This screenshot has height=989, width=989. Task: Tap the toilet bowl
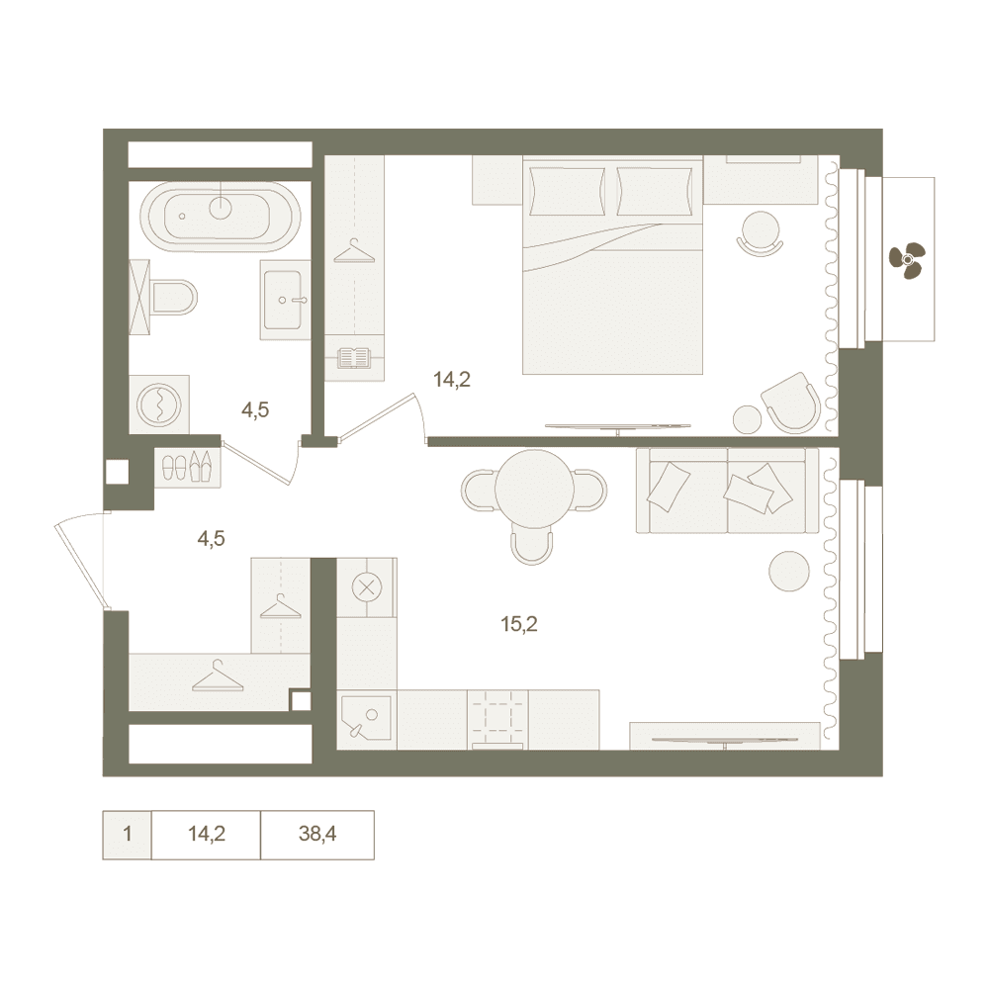(x=174, y=297)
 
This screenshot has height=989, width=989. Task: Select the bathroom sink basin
(x=283, y=300)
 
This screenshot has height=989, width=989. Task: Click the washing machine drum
(x=159, y=404)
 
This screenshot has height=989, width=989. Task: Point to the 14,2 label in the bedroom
(x=452, y=380)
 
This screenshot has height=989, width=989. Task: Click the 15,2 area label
(x=518, y=624)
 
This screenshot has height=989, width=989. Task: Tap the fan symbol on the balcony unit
(x=906, y=259)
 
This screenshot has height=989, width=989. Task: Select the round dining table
(x=535, y=489)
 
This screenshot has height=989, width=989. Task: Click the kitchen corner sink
(x=367, y=719)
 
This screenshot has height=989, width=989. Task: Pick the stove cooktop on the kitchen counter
(x=497, y=719)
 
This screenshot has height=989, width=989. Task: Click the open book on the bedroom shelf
(x=354, y=358)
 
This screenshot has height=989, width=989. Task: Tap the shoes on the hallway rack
(x=188, y=467)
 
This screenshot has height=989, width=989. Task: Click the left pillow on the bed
(x=565, y=191)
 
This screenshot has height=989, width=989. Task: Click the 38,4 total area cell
(x=317, y=835)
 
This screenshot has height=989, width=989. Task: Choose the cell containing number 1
(x=127, y=835)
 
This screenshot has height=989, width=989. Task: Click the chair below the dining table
(x=532, y=545)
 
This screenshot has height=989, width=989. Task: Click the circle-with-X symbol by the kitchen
(x=365, y=588)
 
